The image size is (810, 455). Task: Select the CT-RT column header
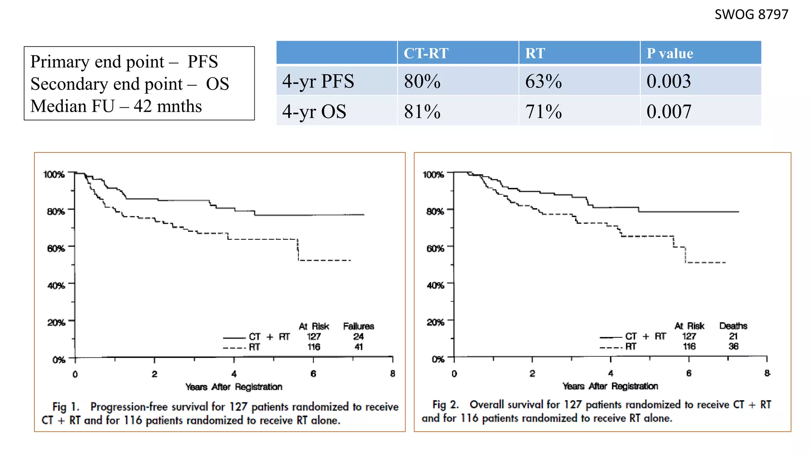pyautogui.click(x=426, y=53)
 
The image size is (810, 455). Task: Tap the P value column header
pyautogui.click(x=670, y=53)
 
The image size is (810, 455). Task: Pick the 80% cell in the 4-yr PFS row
pyautogui.click(x=422, y=81)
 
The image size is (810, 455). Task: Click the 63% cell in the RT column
pyautogui.click(x=543, y=81)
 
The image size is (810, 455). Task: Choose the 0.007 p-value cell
pyautogui.click(x=669, y=112)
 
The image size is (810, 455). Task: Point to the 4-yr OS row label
pyautogui.click(x=314, y=112)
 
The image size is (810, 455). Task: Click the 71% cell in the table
pyautogui.click(x=543, y=112)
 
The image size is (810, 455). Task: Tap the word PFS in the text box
pyautogui.click(x=202, y=62)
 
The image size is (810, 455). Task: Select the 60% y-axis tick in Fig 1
pyautogui.click(x=56, y=248)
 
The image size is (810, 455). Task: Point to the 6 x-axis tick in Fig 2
pyautogui.click(x=689, y=373)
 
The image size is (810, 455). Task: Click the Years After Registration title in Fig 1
pyautogui.click(x=234, y=387)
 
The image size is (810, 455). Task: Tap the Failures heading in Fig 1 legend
pyautogui.click(x=358, y=326)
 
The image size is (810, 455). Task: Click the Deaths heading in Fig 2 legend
pyautogui.click(x=733, y=326)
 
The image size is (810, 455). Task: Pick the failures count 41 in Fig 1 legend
pyautogui.click(x=358, y=347)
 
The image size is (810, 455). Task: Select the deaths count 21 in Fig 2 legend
pyautogui.click(x=733, y=336)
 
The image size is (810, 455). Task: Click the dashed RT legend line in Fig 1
pyautogui.click(x=234, y=348)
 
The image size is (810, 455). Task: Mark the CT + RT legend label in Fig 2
pyautogui.click(x=645, y=336)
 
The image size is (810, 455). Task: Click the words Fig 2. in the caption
pyautogui.click(x=445, y=404)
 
